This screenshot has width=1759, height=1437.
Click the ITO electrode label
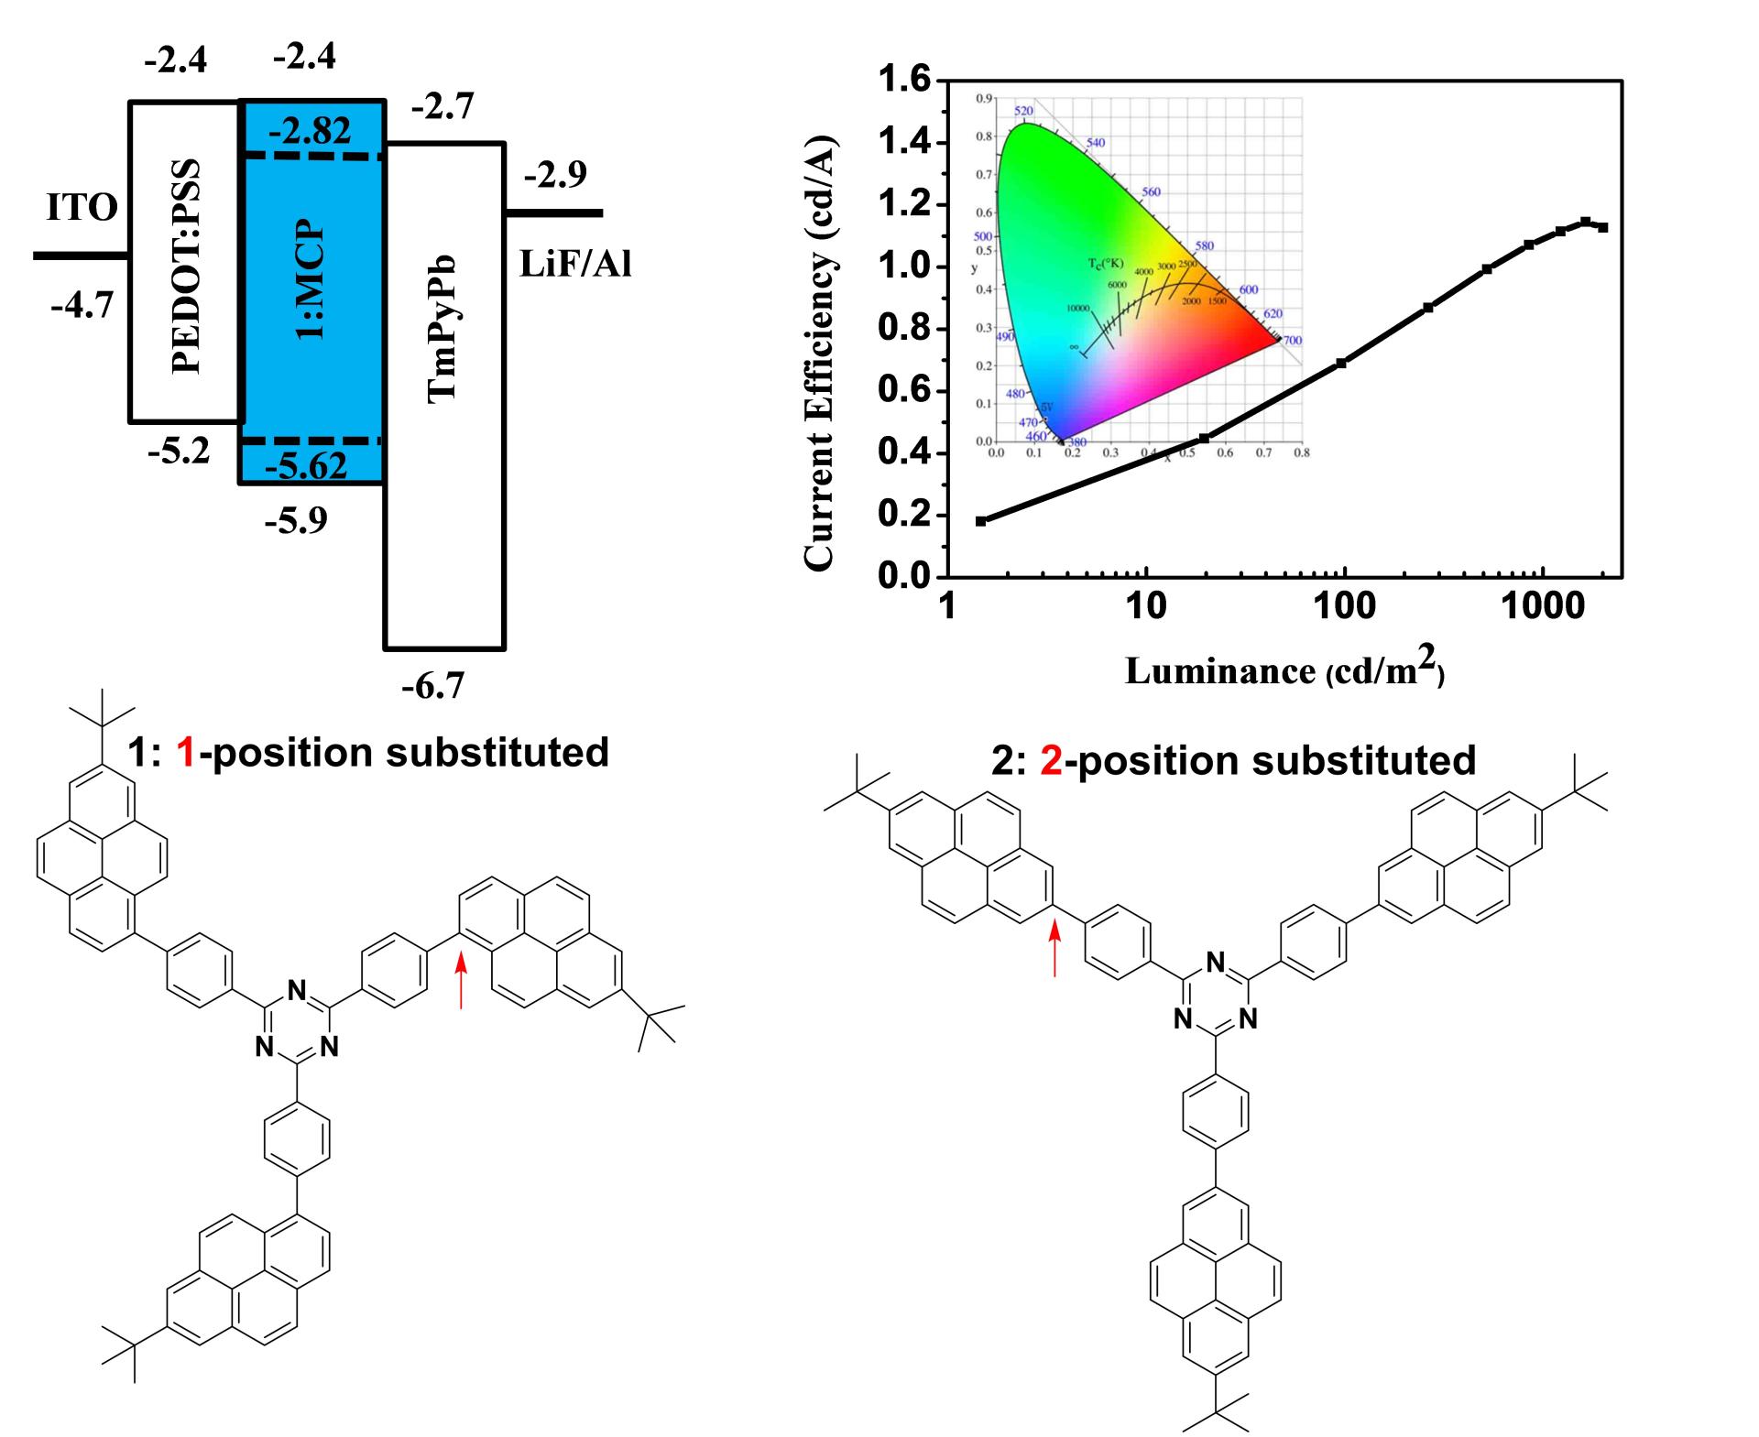click(82, 208)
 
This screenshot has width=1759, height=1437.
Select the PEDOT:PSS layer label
click(186, 267)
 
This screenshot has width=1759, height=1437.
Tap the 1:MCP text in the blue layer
click(311, 279)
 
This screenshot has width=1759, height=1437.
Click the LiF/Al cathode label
click(575, 265)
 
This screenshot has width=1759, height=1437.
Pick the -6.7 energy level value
click(433, 685)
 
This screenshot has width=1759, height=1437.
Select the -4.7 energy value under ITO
click(82, 304)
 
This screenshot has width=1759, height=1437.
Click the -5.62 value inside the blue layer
click(307, 467)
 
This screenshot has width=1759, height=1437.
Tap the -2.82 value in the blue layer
click(310, 132)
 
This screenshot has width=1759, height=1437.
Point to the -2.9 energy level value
click(555, 174)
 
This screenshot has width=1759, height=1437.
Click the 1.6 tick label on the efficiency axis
click(904, 81)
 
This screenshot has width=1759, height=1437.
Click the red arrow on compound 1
click(461, 980)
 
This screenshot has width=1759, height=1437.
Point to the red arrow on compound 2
click(1054, 949)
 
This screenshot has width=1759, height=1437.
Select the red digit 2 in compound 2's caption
click(1051, 761)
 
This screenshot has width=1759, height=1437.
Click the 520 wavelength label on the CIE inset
click(1023, 111)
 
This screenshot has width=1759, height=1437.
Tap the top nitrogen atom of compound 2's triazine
click(1215, 963)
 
